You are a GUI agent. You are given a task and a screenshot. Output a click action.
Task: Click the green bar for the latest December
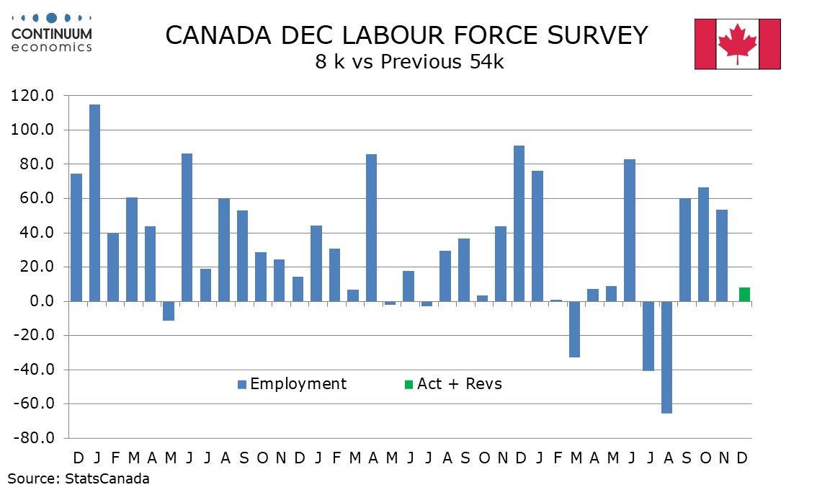744,294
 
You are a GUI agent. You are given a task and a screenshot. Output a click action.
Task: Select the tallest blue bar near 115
94,202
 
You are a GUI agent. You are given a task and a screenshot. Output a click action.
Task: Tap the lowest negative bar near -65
666,357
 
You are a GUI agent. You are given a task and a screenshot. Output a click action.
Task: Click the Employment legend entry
298,384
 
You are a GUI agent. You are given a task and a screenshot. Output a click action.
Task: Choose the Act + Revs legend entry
459,384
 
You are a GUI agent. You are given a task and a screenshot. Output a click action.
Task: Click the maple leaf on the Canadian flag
737,43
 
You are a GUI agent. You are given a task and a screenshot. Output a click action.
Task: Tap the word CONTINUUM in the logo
51,35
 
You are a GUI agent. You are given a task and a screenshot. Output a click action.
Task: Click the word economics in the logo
51,47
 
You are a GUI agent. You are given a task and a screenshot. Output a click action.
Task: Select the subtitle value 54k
485,62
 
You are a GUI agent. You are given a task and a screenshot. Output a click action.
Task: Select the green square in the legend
408,384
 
